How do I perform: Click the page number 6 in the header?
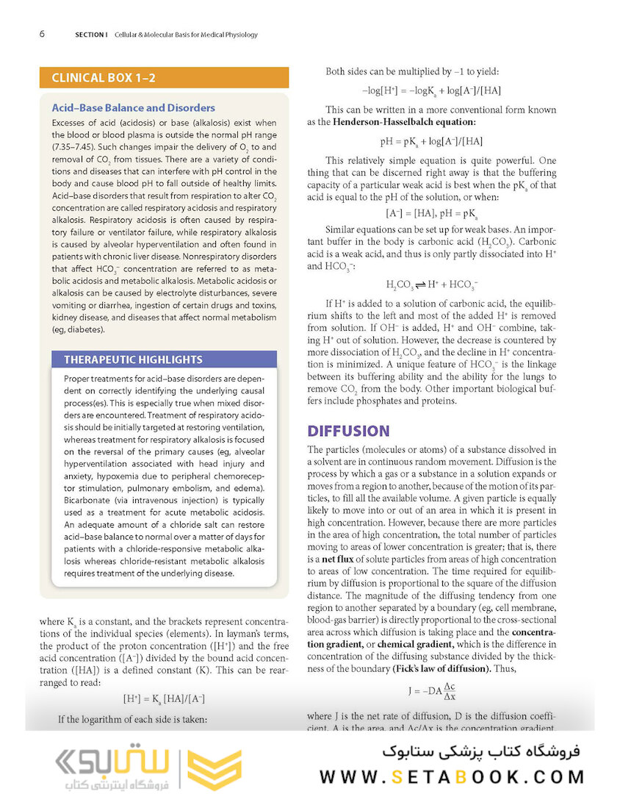coord(43,35)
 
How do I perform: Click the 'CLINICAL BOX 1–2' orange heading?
coord(104,78)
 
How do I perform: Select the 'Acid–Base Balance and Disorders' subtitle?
coord(134,108)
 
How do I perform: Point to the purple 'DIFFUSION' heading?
coord(348,430)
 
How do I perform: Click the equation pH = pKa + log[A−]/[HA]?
coord(431,141)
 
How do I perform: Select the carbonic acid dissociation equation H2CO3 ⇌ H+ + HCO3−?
coord(432,284)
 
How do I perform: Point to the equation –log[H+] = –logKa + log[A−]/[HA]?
coord(432,90)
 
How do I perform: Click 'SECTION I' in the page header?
coord(91,35)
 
